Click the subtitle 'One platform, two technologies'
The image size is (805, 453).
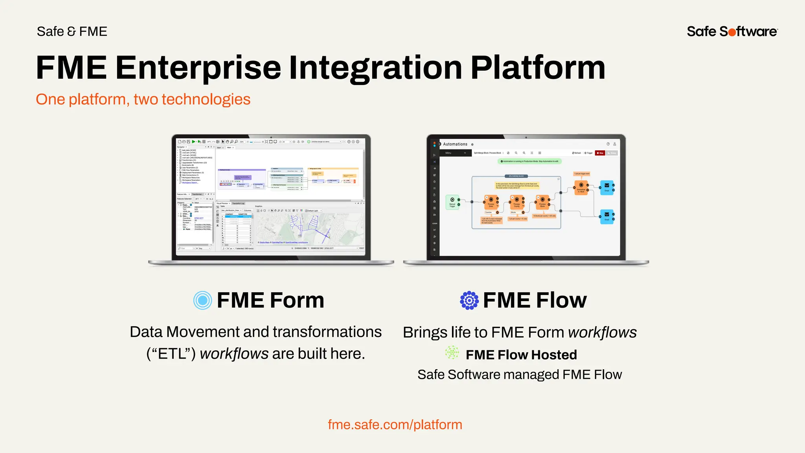pos(143,99)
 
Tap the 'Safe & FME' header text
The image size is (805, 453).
pos(72,31)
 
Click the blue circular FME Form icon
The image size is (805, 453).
pos(203,300)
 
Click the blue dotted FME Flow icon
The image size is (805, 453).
pos(469,300)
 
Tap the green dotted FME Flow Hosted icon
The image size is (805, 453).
pos(452,352)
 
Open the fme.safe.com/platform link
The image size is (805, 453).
pos(395,425)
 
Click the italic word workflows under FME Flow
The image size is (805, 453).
pos(602,333)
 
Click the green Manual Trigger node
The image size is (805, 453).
pos(452,202)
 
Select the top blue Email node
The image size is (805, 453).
pos(607,187)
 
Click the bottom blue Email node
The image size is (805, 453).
pos(607,216)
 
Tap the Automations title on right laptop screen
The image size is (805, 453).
pos(455,144)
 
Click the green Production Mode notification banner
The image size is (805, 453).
pos(530,161)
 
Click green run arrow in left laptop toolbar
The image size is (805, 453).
pos(193,142)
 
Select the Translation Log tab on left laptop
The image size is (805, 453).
pos(238,203)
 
